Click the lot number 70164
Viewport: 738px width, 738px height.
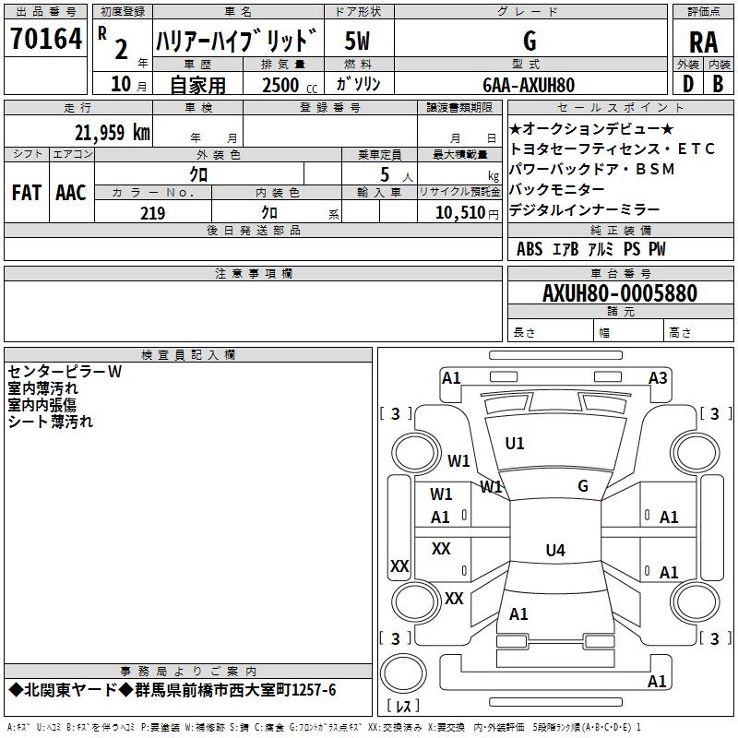pos(46,39)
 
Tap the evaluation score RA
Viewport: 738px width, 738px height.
pos(703,42)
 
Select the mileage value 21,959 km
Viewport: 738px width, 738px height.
pos(112,133)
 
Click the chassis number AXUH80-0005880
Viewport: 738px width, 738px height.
pos(620,293)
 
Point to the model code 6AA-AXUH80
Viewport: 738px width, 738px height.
pos(529,85)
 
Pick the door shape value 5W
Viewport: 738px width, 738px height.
pos(357,41)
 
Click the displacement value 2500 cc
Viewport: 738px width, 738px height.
pos(290,85)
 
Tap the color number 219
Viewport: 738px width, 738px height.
pos(152,213)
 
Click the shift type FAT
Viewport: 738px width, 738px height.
pos(27,193)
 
